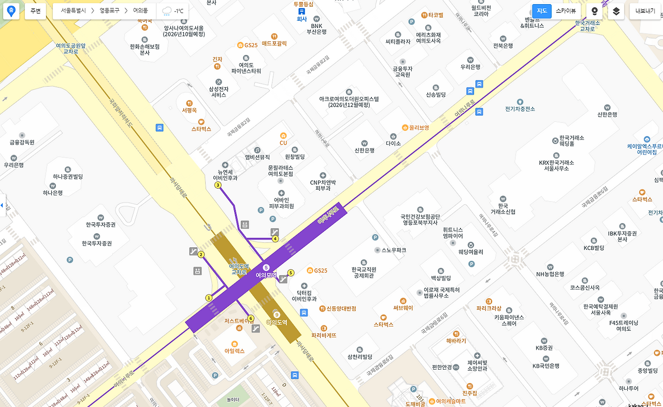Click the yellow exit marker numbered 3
[x=218, y=185]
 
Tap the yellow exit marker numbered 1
[x=209, y=298]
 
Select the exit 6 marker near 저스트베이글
[x=251, y=318]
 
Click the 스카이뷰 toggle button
[x=566, y=11]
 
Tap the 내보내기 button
[x=645, y=11]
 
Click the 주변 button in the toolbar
[x=35, y=11]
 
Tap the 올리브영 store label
[x=419, y=128]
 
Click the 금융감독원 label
[x=22, y=142]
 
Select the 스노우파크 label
[x=394, y=250]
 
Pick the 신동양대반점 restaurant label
[x=341, y=308]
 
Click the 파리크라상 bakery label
[x=489, y=308]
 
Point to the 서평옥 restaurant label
[x=190, y=110]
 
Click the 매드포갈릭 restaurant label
[x=274, y=44]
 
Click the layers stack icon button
[x=616, y=11]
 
